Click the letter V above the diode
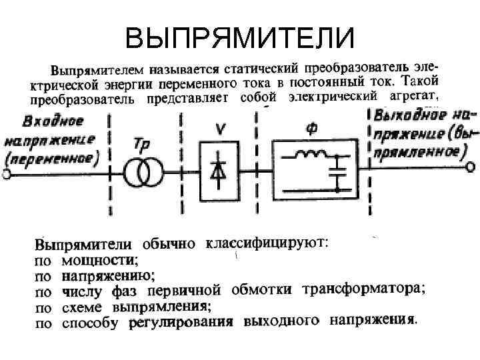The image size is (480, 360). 218,128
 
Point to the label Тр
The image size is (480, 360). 141,145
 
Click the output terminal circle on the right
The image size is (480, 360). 472,167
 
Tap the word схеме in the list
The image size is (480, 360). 82,308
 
